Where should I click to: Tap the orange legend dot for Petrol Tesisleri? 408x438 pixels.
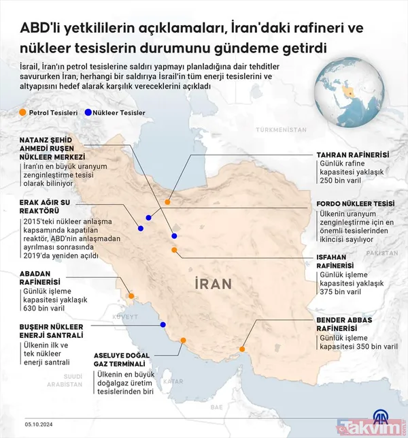pyautogui.click(x=23, y=112)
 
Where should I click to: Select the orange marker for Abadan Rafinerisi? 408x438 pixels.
pyautogui.click(x=131, y=296)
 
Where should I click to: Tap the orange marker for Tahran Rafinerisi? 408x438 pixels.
pyautogui.click(x=168, y=202)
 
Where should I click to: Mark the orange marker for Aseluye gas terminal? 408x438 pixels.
pyautogui.click(x=183, y=341)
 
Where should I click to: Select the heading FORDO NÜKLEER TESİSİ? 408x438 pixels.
pyautogui.click(x=356, y=204)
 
